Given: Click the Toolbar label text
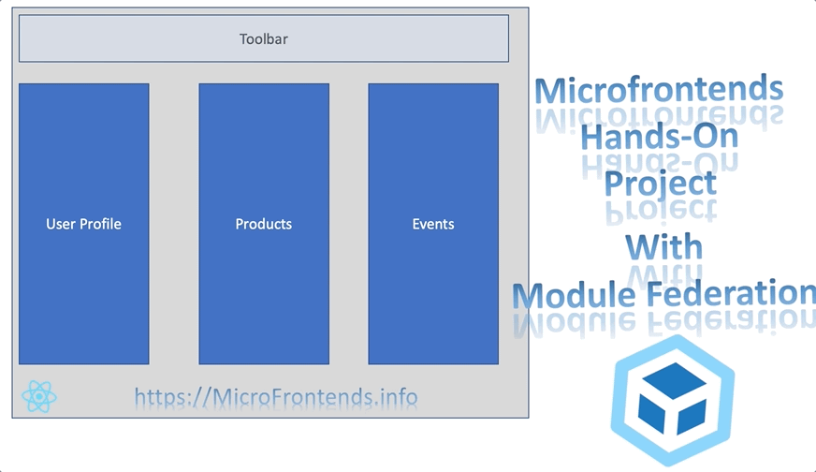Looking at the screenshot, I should [x=263, y=39].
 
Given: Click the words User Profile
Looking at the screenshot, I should [x=83, y=224].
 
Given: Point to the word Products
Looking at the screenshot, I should [x=263, y=224].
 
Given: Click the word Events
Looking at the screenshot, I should [x=433, y=224].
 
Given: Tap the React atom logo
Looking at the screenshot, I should [x=39, y=396].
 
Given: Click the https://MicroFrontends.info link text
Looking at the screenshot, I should [x=276, y=397].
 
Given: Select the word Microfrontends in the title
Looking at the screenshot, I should [x=658, y=90].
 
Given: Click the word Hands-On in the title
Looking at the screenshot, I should [x=659, y=137].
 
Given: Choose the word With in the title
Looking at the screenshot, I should [x=663, y=247].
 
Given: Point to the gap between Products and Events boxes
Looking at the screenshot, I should [x=348, y=224].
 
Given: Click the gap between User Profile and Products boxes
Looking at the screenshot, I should [x=173, y=224].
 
